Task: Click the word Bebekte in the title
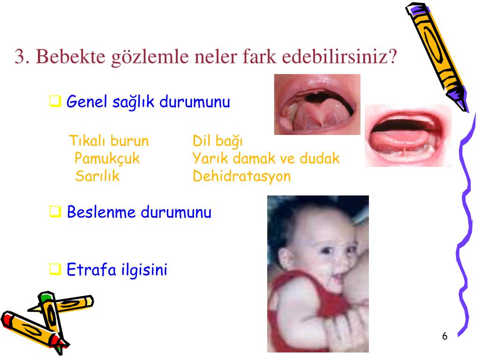pos(70,56)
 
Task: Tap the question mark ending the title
pos(392,56)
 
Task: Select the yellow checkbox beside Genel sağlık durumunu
pos(55,101)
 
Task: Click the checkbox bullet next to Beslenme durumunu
pos(55,211)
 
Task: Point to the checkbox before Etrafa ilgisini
pos(55,269)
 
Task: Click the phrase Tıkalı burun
pos(109,141)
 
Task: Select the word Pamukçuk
pos(107,158)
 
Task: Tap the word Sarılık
pos(97,176)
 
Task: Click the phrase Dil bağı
pos(217,141)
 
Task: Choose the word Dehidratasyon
pos(242,176)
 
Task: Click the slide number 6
pos(445,336)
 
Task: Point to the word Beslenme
pos(101,212)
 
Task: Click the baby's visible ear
pos(285,258)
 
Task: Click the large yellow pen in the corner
pos(436,57)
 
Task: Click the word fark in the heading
pos(259,56)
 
